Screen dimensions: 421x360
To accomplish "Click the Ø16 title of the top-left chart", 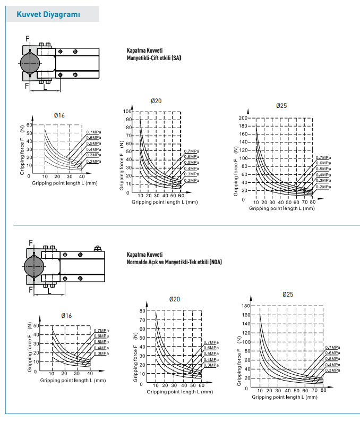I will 59,115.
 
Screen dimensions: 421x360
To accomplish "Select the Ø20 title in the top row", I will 156,101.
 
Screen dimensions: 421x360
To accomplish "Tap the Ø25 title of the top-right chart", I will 281,106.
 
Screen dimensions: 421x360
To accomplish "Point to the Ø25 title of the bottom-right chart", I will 287,294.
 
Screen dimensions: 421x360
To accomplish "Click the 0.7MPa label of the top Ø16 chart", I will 93,132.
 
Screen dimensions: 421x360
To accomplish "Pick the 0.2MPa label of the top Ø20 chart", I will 191,181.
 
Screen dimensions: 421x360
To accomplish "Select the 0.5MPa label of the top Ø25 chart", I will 323,169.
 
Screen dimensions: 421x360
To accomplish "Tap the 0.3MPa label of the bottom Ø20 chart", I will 211,365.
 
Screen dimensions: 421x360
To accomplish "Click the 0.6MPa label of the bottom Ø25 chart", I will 332,353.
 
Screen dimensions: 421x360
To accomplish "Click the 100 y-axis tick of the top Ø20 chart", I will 127,111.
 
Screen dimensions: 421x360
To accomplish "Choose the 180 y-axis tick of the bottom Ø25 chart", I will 245,306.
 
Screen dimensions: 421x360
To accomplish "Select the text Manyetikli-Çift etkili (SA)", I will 154,57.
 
